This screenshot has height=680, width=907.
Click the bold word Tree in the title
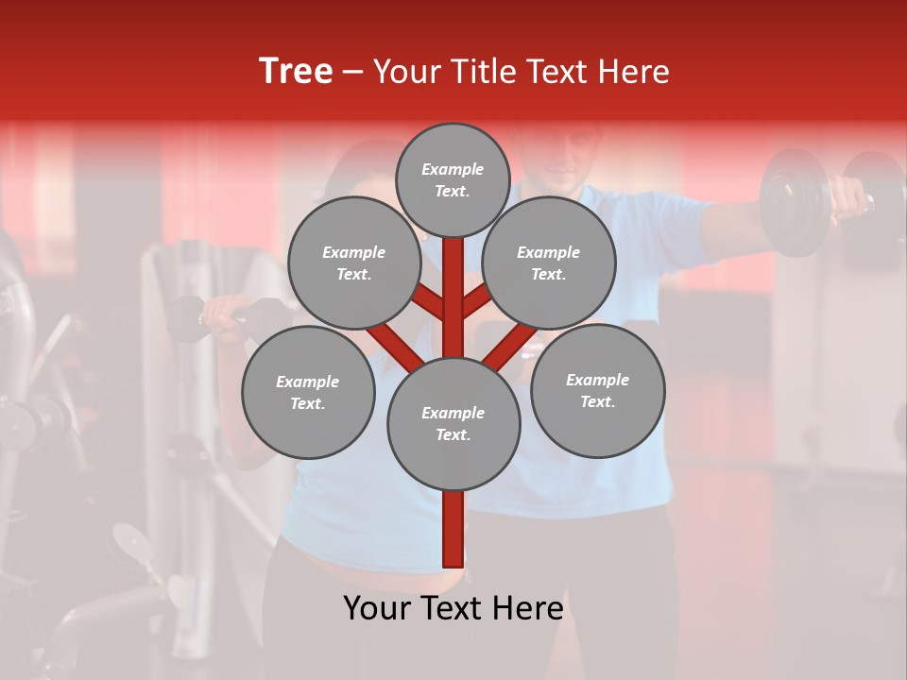(x=296, y=72)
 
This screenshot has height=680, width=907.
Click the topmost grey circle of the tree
(x=453, y=179)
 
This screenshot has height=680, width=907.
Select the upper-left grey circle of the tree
(x=353, y=263)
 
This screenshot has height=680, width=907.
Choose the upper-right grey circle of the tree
(x=548, y=263)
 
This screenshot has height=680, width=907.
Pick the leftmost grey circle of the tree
(x=308, y=392)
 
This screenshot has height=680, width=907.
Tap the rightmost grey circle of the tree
(x=597, y=390)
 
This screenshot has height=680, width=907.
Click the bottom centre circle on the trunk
(x=453, y=423)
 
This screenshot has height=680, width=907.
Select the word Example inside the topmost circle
(x=453, y=170)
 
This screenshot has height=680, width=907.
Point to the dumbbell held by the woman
(x=189, y=319)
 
